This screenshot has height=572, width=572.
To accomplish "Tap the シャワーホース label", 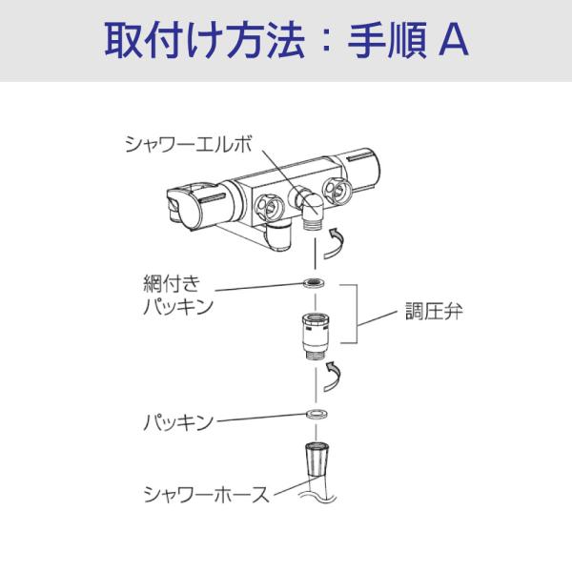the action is coord(200,493).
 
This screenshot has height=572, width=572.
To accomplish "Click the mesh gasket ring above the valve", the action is coord(312,283).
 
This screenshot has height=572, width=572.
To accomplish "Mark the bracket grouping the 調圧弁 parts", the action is coord(358,312).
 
